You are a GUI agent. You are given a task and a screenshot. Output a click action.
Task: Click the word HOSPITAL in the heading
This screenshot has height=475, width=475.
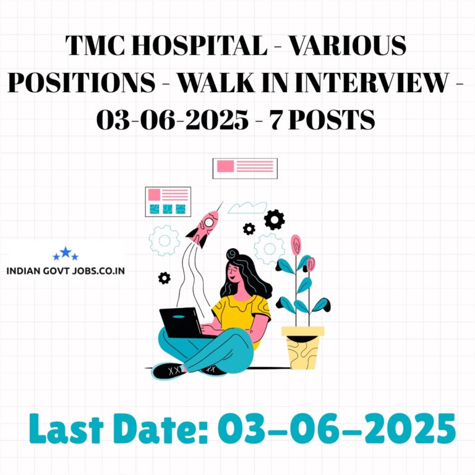click(x=200, y=45)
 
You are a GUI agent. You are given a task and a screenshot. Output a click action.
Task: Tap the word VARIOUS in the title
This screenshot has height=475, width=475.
click(x=348, y=45)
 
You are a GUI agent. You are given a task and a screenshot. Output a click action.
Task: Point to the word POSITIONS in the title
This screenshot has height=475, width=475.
click(x=82, y=82)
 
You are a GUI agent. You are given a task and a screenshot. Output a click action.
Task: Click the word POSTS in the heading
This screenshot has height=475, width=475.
click(x=332, y=119)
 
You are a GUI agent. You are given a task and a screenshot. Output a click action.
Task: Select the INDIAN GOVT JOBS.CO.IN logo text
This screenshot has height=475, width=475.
click(x=66, y=270)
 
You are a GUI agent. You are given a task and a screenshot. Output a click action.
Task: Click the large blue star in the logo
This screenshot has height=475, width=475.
click(x=66, y=252)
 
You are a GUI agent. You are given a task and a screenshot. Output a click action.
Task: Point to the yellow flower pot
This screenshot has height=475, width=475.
click(x=303, y=348)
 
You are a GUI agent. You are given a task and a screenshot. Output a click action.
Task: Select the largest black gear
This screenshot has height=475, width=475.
click(x=274, y=220)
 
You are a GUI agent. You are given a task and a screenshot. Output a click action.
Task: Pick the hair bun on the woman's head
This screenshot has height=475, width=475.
click(x=233, y=254)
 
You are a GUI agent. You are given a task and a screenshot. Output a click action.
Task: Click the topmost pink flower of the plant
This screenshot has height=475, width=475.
click(x=296, y=244)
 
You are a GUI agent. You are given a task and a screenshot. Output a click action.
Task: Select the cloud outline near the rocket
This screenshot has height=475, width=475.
click(x=247, y=208)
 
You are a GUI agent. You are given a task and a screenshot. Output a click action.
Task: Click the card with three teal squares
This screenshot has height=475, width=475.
click(x=168, y=202)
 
